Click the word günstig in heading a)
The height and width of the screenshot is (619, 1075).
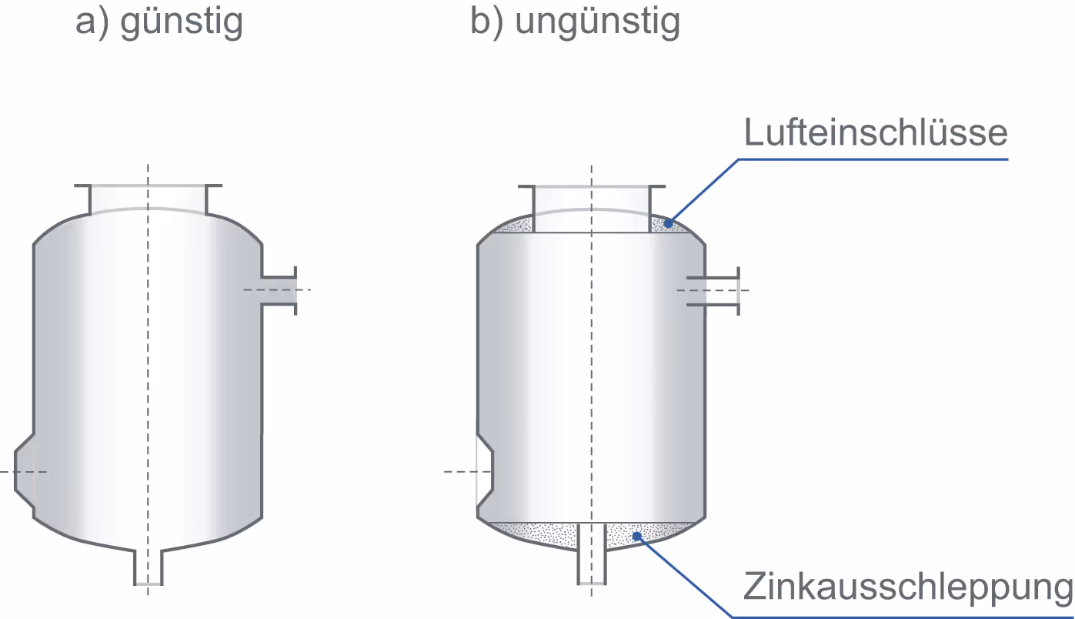tap(182, 23)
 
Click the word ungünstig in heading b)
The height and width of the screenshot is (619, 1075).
tap(597, 23)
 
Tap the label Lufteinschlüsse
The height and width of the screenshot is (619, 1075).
tap(876, 132)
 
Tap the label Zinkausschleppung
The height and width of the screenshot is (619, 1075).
tap(907, 587)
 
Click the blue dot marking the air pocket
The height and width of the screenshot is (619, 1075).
tap(668, 223)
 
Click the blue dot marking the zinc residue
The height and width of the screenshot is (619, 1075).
tap(636, 536)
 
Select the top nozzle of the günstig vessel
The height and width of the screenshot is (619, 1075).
tap(149, 198)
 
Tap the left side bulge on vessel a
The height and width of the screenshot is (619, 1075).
tap(26, 471)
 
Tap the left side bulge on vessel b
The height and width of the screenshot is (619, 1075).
tap(485, 471)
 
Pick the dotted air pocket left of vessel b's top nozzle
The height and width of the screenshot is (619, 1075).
tap(514, 226)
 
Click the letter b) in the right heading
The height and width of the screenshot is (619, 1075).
tap(486, 23)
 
